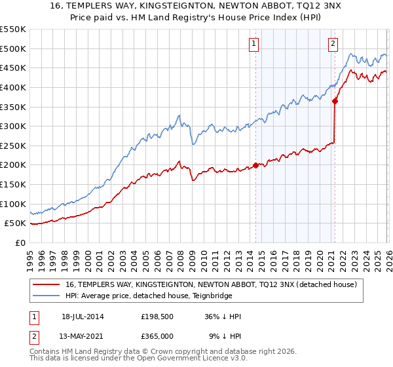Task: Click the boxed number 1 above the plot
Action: pyautogui.click(x=254, y=44)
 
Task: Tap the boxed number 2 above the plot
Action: pyautogui.click(x=333, y=44)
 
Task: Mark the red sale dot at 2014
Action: pyautogui.click(x=255, y=165)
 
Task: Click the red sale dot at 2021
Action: pyautogui.click(x=335, y=101)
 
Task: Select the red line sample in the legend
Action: pyautogui.click(x=47, y=284)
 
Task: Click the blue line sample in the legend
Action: pyautogui.click(x=47, y=296)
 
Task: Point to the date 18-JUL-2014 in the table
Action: pyautogui.click(x=83, y=317)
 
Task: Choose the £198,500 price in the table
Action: pyautogui.click(x=157, y=317)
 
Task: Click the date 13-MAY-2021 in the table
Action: pyautogui.click(x=83, y=336)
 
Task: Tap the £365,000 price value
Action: pyautogui.click(x=157, y=336)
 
